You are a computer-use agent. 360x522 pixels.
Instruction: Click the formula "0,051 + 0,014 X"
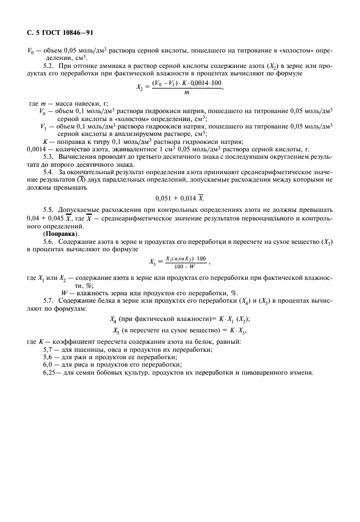179,199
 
